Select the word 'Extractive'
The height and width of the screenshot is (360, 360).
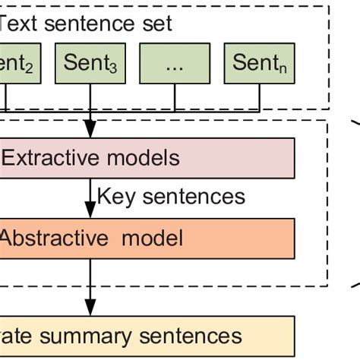coord(51,158)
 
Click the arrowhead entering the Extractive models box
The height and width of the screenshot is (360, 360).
coord(91,133)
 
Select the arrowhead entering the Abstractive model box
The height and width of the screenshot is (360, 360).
coord(91,214)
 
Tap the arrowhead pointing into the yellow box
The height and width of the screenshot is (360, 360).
coord(91,311)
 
